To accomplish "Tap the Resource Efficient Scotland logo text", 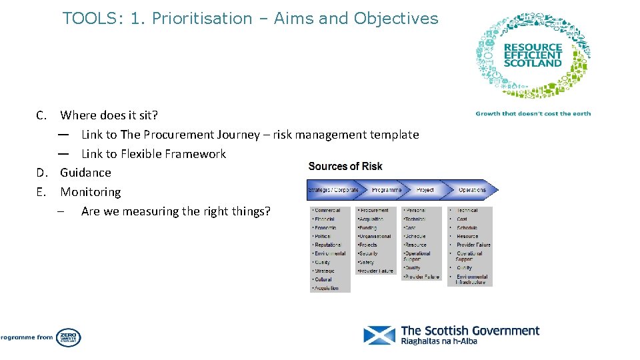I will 533,55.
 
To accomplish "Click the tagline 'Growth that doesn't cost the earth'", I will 533,113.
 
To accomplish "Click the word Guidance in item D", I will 85,173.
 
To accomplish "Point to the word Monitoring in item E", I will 91,192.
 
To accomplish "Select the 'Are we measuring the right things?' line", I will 175,211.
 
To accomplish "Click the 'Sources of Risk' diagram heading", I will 345,166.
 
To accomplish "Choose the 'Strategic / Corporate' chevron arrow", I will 333,190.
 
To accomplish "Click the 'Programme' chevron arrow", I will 386,190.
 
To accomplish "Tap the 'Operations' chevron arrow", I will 472,190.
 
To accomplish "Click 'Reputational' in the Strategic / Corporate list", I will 327,245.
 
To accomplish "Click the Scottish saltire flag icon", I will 379,335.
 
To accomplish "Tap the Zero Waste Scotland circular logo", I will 68,337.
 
